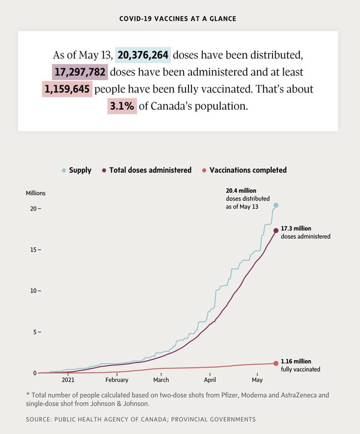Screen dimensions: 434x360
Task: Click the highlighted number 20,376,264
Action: (144, 55)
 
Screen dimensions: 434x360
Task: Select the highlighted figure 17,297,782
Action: (80, 72)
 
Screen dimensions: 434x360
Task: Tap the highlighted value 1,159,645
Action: (68, 89)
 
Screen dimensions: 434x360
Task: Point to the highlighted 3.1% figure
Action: (122, 106)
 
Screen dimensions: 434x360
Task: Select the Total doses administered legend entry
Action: (150, 170)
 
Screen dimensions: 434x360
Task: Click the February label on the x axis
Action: (116, 379)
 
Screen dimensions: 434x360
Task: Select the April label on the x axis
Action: (210, 379)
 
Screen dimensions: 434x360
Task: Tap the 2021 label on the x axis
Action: (68, 379)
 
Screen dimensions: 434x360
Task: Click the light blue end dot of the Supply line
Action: (276, 205)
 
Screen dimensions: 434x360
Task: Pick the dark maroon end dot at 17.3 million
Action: (276, 231)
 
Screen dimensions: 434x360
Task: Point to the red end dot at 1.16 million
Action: (276, 363)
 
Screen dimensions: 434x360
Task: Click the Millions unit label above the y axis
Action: (35, 193)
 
